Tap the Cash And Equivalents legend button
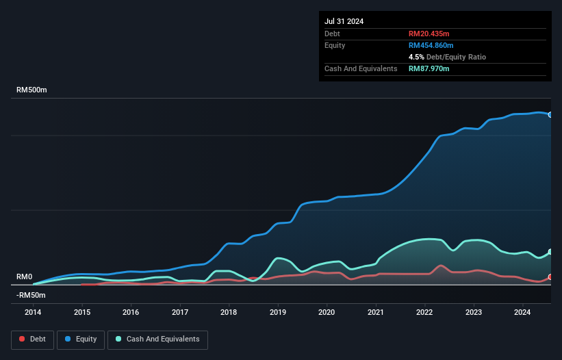coord(157,339)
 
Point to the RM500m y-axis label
coord(31,90)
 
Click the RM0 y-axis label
coord(24,277)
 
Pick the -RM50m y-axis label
coord(31,295)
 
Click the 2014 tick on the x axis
coord(33,311)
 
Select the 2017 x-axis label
coord(180,311)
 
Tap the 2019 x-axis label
coord(278,311)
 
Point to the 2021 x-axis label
coord(376,311)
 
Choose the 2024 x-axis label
coord(523,311)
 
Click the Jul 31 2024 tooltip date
coord(344,21)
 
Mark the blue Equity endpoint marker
coord(550,115)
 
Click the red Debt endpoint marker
coord(550,277)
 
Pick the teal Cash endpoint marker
coord(550,253)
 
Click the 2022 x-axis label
coord(425,311)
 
